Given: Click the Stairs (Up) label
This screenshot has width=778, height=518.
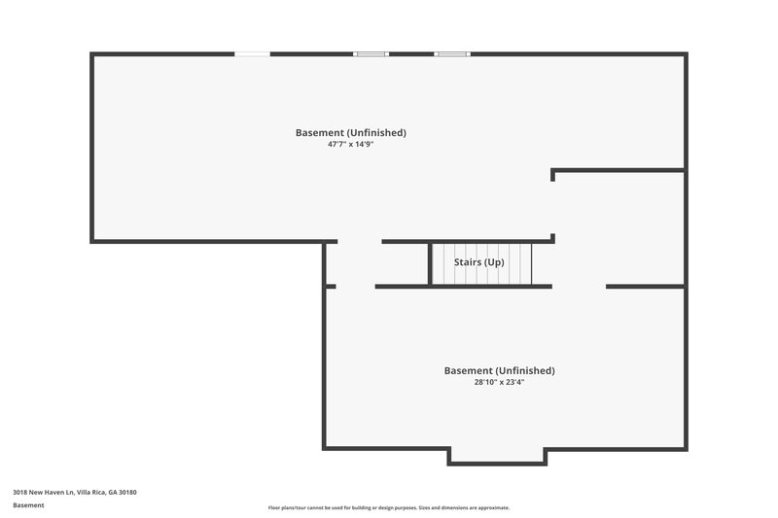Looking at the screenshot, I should (479, 262).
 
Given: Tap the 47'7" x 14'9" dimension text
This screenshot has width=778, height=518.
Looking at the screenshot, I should (351, 144).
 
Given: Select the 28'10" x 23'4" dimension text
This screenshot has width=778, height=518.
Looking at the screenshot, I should (499, 382).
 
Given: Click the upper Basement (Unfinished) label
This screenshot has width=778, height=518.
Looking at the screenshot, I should (351, 132).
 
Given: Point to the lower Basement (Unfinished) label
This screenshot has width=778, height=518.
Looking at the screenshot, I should (499, 370).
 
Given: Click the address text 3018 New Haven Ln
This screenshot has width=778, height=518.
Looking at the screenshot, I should (43, 493).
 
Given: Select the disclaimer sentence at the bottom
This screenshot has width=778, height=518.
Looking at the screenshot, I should (389, 507).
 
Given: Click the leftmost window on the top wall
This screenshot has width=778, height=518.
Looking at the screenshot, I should (253, 53).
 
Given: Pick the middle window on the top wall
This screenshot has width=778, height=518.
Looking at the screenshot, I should (371, 53).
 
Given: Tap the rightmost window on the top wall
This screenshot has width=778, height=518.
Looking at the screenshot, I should (451, 53).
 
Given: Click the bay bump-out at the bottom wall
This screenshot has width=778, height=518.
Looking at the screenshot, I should (496, 456).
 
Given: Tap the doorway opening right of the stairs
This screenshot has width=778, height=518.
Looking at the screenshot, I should (579, 286).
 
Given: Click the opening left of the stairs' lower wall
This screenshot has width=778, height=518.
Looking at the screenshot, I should (355, 286).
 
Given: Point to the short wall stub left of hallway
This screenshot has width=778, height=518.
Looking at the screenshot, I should (331, 286).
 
